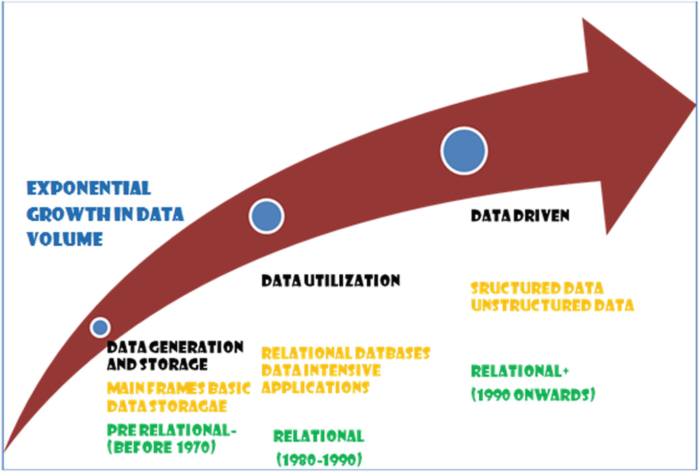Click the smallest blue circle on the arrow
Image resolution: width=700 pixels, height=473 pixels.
pos(100,327)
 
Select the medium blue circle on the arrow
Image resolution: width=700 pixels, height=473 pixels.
pos(267,216)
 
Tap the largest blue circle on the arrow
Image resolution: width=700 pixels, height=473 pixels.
pos(464,151)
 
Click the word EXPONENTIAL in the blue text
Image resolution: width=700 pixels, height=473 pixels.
pos(89,188)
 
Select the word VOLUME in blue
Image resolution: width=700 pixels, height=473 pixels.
pos(65,239)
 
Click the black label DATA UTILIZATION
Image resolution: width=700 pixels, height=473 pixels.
pos(331,280)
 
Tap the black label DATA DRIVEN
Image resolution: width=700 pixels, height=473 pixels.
pos(520,216)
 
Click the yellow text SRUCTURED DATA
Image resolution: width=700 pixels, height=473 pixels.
pos(537,288)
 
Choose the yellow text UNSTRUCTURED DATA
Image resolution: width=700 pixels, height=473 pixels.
pos(552,305)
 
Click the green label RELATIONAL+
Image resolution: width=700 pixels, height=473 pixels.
pos(520,371)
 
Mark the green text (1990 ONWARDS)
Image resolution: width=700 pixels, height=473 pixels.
pos(533,395)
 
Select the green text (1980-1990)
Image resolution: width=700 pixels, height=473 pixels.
pos(319,459)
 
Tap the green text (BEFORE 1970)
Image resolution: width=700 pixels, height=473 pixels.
pos(161,447)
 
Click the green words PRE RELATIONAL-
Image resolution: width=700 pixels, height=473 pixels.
pos(172,430)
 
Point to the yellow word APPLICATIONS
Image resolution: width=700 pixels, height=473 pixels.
pos(315,388)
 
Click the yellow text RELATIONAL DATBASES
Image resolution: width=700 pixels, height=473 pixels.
pos(346,353)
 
